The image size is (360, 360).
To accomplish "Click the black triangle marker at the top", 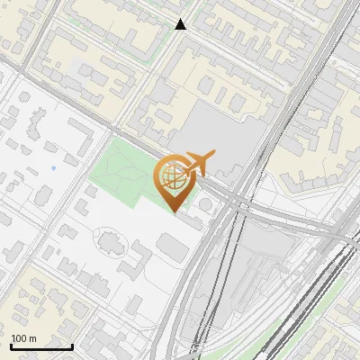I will pyautogui.click(x=181, y=24).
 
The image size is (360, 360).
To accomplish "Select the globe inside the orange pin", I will pyautogui.click(x=173, y=178).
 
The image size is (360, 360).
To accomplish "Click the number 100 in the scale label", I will pyautogui.click(x=19, y=338).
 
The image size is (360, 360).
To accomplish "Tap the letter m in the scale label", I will pyautogui.click(x=33, y=338).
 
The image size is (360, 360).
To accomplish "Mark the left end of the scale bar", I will pyautogui.click(x=11, y=346).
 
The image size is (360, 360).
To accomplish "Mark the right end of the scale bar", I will pyautogui.click(x=72, y=346).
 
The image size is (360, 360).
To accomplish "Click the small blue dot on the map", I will pyautogui.click(x=53, y=167).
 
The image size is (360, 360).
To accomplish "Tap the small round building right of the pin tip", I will pyautogui.click(x=207, y=206).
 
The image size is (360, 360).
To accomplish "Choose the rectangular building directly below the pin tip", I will pyautogui.click(x=173, y=243).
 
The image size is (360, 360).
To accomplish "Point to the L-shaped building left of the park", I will pyautogui.click(x=79, y=139).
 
